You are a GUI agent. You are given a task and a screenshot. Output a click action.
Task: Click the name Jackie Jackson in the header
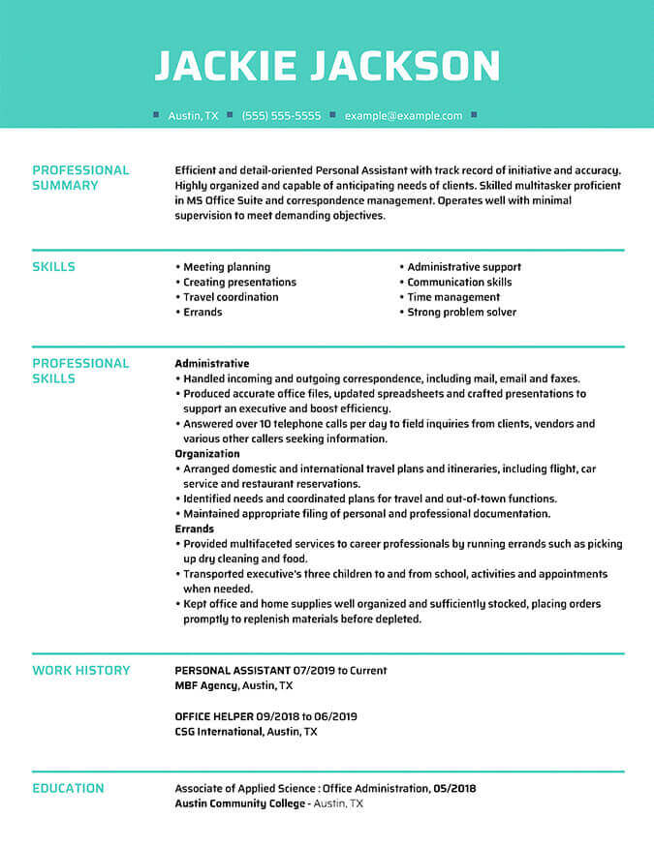click(327, 66)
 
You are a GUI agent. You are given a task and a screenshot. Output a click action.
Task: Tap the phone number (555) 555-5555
click(281, 115)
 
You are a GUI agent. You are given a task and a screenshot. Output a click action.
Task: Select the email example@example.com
click(403, 115)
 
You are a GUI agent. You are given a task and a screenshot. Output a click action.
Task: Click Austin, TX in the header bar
click(193, 115)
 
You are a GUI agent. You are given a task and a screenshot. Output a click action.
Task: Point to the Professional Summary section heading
click(80, 177)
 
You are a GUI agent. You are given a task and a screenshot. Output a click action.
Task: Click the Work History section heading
click(80, 670)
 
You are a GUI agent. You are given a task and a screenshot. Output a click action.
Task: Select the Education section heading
click(68, 788)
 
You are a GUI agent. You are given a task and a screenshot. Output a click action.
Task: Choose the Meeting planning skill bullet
click(227, 267)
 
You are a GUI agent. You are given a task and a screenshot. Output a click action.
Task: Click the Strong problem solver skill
click(461, 313)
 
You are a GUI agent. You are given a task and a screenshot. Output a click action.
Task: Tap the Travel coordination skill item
click(231, 297)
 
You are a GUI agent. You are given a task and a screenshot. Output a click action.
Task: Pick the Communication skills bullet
click(459, 283)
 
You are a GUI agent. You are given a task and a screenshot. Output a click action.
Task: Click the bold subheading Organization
click(207, 454)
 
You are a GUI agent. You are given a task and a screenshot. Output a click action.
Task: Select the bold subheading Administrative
click(211, 364)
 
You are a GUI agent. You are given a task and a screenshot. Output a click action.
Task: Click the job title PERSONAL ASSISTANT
click(233, 670)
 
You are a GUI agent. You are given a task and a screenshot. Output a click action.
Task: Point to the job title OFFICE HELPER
click(214, 716)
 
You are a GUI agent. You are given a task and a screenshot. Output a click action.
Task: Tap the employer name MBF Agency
click(206, 685)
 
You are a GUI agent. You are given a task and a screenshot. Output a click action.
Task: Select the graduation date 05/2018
click(454, 788)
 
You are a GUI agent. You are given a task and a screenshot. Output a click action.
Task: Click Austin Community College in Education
click(239, 803)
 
